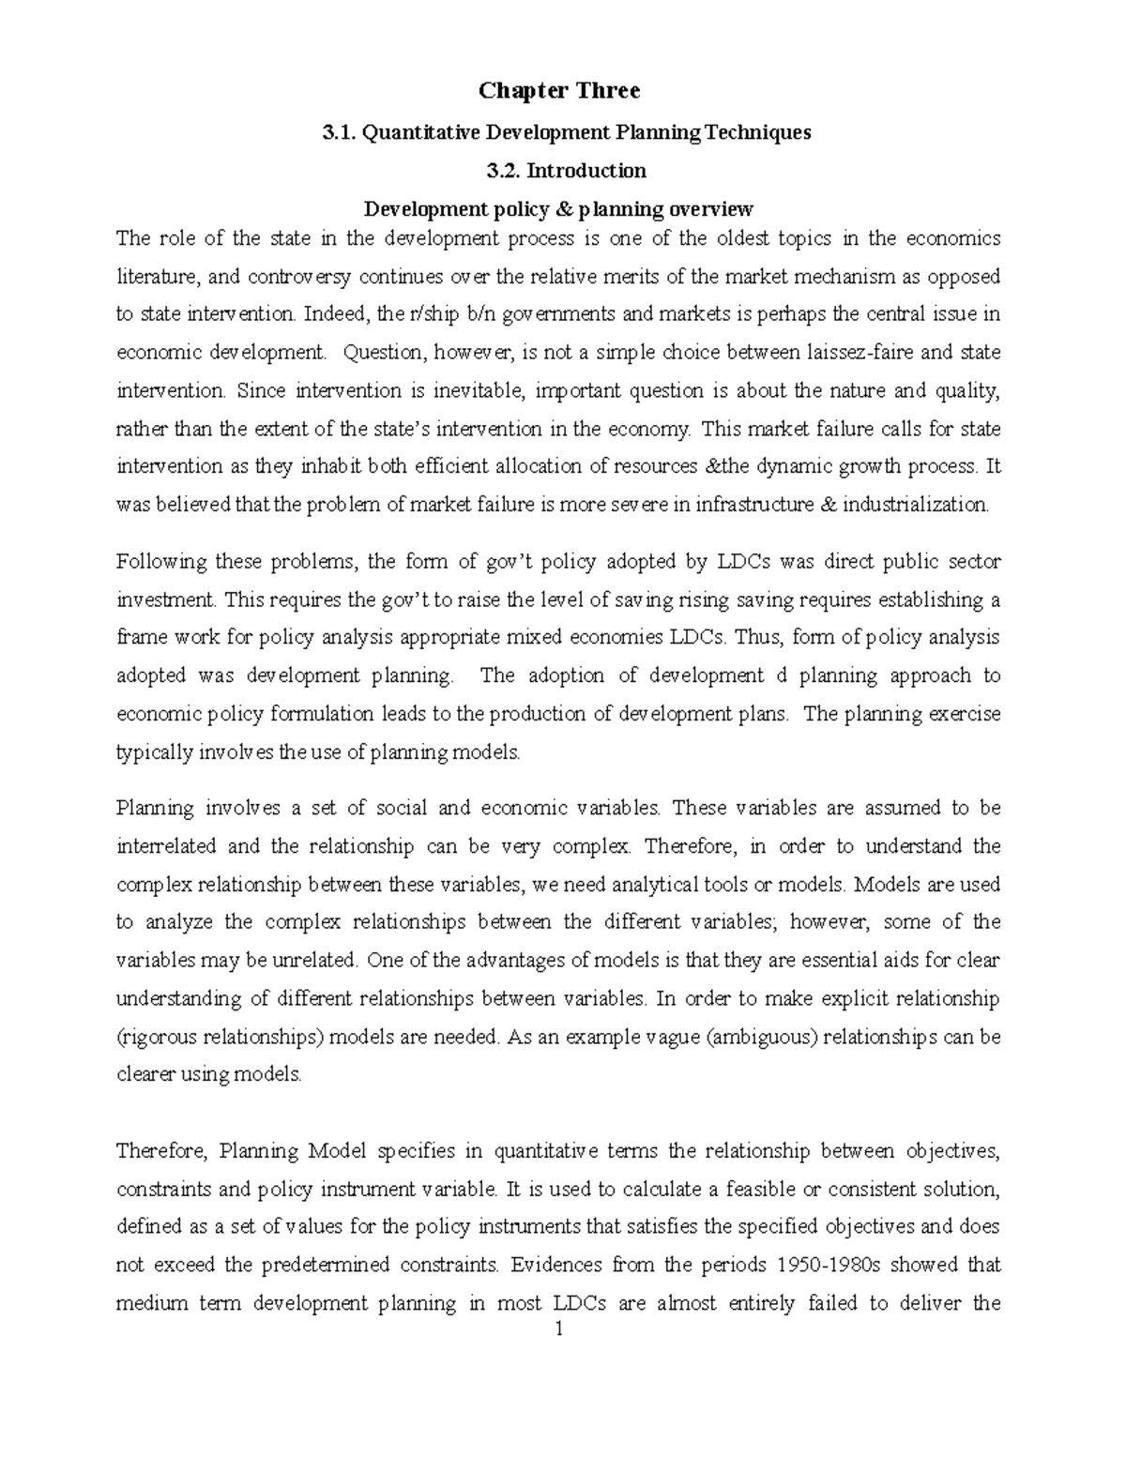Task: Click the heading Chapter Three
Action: click(559, 91)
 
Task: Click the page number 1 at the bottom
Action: click(558, 1330)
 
